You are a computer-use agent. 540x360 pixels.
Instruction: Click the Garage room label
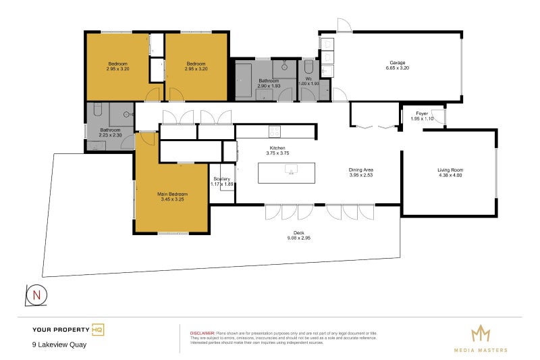[397, 62]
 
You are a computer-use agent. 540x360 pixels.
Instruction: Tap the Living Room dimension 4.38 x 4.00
[450, 176]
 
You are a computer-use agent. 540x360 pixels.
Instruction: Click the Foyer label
[422, 113]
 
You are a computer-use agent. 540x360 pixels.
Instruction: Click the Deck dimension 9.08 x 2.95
[297, 238]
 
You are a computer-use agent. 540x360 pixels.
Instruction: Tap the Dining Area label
[361, 170]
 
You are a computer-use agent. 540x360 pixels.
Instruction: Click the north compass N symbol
[36, 294]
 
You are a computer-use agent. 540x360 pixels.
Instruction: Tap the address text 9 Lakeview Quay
[59, 344]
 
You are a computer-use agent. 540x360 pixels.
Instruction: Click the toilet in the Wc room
[309, 66]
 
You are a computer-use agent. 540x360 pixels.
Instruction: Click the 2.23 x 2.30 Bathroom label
[110, 135]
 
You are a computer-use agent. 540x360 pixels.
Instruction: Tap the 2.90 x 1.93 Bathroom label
[269, 86]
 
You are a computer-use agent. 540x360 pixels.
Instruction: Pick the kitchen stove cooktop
[275, 130]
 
